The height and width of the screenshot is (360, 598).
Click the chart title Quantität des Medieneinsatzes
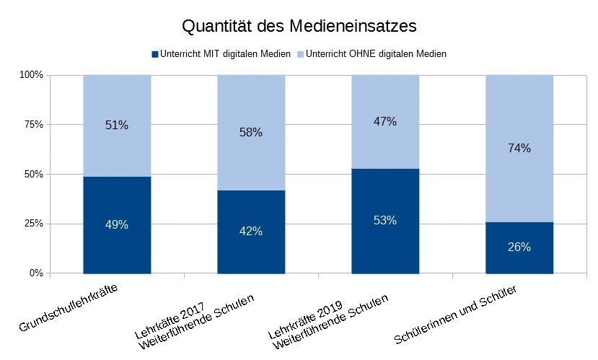click(x=299, y=27)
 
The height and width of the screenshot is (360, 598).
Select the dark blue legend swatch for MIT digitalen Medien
click(x=154, y=54)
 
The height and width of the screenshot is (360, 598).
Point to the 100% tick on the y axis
click(x=32, y=75)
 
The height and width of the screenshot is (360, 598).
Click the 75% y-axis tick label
click(x=34, y=125)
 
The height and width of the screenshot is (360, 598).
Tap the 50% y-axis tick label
click(x=34, y=175)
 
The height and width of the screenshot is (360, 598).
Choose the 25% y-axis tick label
click(x=34, y=224)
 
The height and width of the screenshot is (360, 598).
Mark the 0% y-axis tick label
click(x=37, y=273)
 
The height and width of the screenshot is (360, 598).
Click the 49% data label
click(x=117, y=224)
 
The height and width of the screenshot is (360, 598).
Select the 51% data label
click(x=117, y=125)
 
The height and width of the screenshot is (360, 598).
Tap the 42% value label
click(x=251, y=232)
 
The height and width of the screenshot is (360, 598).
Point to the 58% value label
click(x=251, y=132)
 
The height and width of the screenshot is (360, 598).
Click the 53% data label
click(x=385, y=220)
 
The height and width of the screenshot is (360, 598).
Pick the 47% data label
click(x=385, y=121)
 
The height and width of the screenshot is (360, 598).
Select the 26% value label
click(x=519, y=247)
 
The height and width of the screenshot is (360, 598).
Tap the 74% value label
click(x=519, y=148)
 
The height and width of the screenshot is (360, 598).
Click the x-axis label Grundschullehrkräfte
click(x=69, y=308)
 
